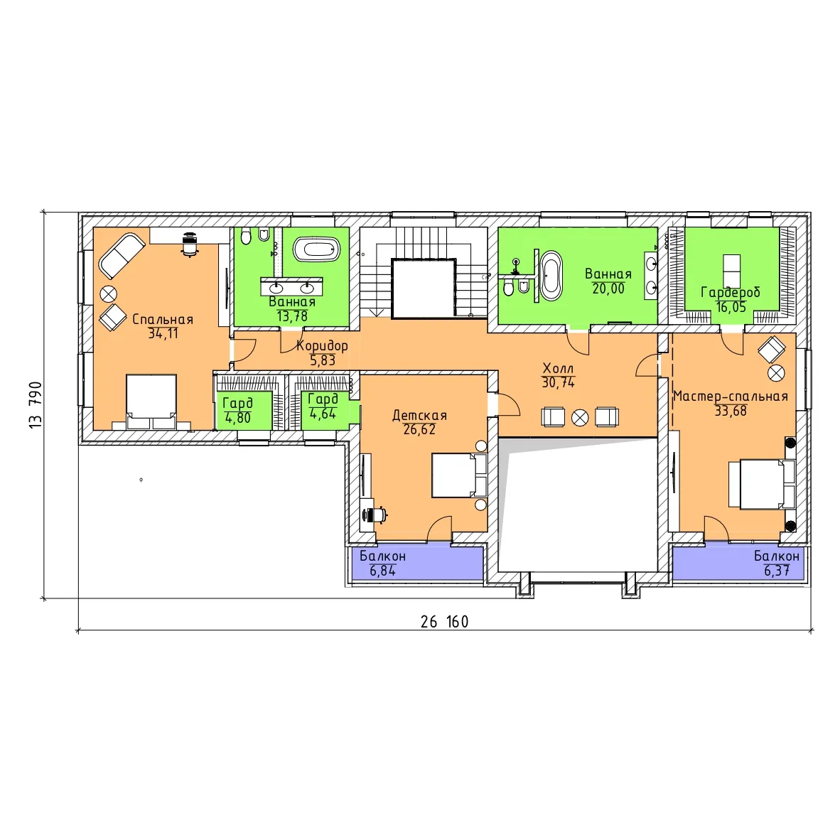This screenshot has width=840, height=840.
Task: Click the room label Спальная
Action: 163,319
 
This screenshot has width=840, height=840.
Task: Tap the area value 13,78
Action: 292,317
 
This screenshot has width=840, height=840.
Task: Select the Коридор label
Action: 322,346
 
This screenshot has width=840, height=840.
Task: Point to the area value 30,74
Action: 558,382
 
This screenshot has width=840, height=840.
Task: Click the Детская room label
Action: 419,415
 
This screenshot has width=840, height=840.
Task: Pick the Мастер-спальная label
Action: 730,397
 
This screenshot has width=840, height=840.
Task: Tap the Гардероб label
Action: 731,293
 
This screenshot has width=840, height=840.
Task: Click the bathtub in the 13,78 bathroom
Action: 317,249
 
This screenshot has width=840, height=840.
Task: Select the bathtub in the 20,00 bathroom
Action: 551,276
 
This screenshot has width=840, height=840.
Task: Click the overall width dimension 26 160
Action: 445,622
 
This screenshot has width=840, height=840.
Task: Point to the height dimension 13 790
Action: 36,405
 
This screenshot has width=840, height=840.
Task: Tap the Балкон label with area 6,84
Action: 382,556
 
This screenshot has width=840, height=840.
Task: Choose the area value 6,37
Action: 777,571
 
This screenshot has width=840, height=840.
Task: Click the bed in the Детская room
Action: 460,475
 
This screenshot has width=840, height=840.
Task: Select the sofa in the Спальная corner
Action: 122,256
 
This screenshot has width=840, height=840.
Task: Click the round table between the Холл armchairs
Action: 580,418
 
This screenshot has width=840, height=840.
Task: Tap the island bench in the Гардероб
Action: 732,271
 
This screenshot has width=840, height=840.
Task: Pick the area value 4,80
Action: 238,418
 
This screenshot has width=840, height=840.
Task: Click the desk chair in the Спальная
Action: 189,244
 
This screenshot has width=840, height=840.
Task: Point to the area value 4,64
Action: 323,414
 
